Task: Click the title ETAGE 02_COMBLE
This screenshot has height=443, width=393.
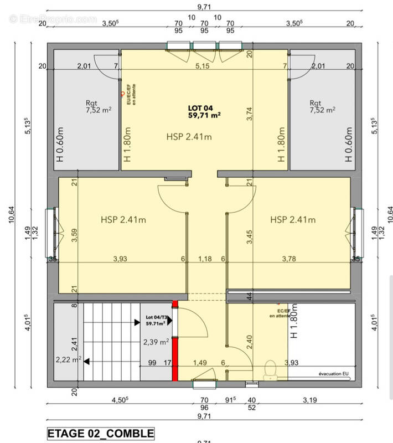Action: pos(100,432)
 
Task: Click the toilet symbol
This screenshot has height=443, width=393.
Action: pos(271,370)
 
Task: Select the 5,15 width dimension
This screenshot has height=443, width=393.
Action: pos(204,66)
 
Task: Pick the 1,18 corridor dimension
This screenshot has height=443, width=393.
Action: pos(205,258)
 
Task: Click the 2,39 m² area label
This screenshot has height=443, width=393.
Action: pos(156,342)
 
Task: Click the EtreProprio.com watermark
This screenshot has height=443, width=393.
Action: pos(53,18)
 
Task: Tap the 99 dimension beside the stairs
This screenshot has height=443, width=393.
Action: pos(152,363)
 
